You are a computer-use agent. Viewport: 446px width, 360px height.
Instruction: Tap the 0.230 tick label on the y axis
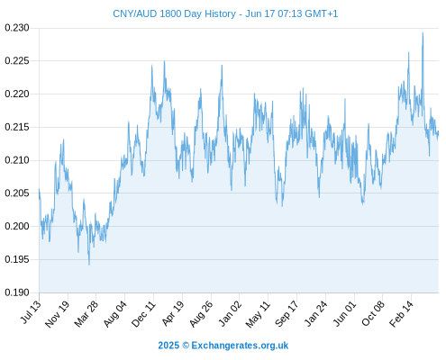[x=17, y=28]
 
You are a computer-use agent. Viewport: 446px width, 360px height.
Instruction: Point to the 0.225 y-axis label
[x=17, y=61]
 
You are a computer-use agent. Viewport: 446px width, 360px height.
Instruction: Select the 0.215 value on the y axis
[x=17, y=127]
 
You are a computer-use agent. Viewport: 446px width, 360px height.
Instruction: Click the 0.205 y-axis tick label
[x=17, y=193]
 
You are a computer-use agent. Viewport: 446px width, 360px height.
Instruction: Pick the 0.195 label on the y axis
[x=17, y=259]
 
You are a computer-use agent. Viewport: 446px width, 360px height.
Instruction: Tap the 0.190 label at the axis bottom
[x=17, y=292]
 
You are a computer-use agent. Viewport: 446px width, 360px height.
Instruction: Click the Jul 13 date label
[x=31, y=312]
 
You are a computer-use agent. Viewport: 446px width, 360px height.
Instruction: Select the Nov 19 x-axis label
[x=57, y=314]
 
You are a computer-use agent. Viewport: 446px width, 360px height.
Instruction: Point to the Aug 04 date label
[x=115, y=314]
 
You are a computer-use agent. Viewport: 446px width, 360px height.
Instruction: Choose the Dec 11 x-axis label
[x=143, y=314]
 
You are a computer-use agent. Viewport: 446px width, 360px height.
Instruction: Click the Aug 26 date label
[x=201, y=314]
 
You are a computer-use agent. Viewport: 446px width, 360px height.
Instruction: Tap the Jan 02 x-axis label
[x=230, y=313]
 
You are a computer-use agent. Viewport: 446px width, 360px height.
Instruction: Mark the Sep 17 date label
[x=287, y=314]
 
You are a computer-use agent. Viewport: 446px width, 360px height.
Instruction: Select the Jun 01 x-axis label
[x=345, y=313]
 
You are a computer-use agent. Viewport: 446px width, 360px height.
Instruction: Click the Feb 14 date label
[x=401, y=314]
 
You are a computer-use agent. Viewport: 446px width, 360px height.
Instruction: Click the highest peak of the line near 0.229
[x=423, y=32]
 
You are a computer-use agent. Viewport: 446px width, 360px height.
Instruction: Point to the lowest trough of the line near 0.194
[x=89, y=265]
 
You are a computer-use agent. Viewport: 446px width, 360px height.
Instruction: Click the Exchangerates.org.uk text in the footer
[x=240, y=346]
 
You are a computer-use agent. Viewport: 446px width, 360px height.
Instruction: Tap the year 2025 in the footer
[x=168, y=346]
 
